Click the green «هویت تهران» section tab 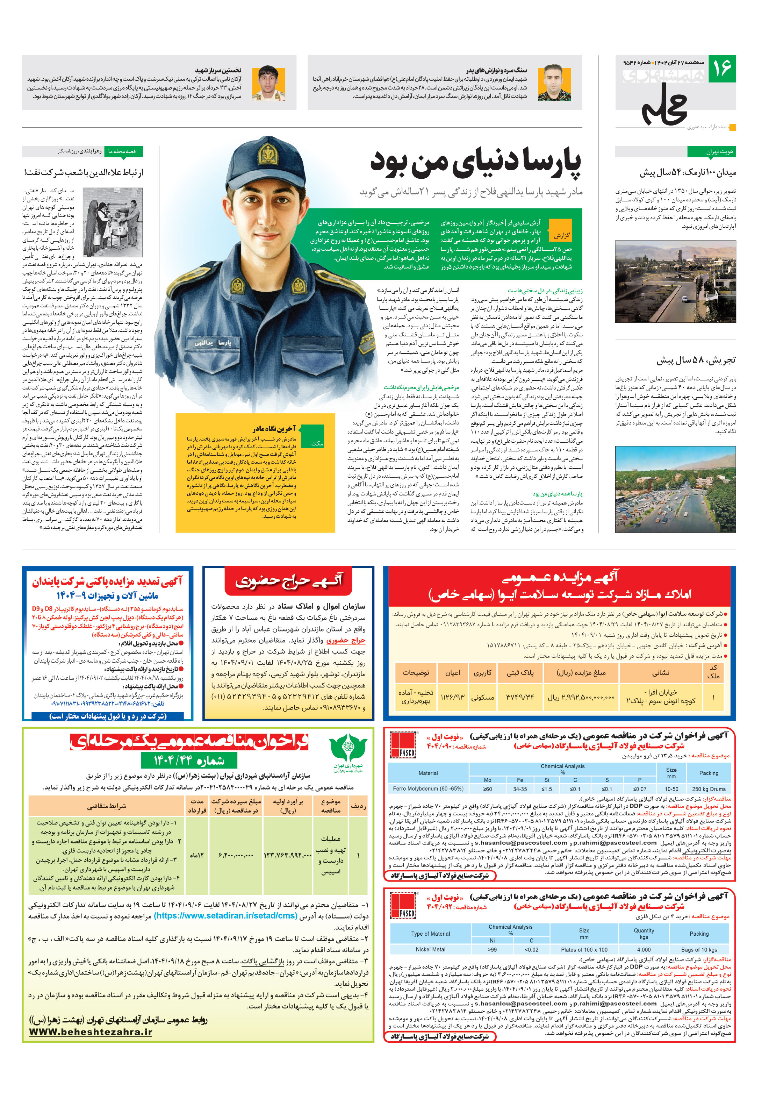(x=712, y=152)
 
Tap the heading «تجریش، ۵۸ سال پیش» (x=696, y=360)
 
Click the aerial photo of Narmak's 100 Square (x=675, y=282)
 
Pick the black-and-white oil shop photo (x=113, y=222)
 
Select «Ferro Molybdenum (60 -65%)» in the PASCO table (x=428, y=789)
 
